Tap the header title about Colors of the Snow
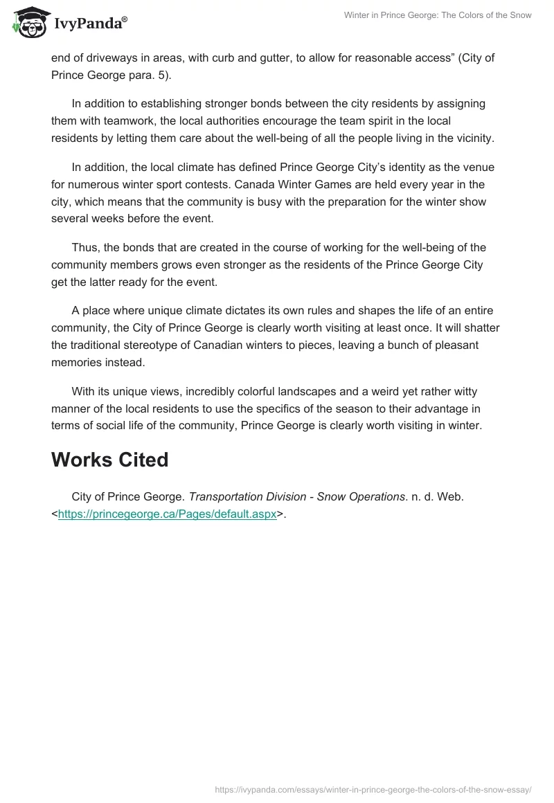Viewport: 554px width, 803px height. click(x=438, y=15)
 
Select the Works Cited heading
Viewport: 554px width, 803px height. click(x=109, y=460)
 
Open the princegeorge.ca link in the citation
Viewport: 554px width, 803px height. click(x=167, y=514)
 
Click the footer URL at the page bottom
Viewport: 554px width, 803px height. click(x=373, y=789)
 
